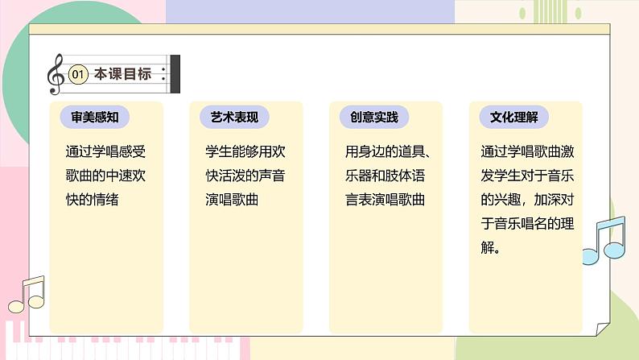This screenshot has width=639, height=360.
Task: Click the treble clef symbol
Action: (x=56, y=73)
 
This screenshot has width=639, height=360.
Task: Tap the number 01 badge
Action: (x=78, y=75)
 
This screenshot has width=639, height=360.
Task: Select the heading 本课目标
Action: (x=122, y=74)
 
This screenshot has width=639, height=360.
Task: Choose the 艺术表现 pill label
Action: (x=234, y=117)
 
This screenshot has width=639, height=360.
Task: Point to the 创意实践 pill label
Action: (x=374, y=117)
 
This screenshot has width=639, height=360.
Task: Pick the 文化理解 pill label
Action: (x=514, y=117)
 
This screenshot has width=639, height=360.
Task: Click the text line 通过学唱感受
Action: (x=105, y=151)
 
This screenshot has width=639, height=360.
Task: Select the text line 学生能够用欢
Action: (x=245, y=151)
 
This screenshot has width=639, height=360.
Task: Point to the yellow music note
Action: (x=26, y=295)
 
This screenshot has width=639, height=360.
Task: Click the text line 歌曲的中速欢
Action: (x=105, y=175)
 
